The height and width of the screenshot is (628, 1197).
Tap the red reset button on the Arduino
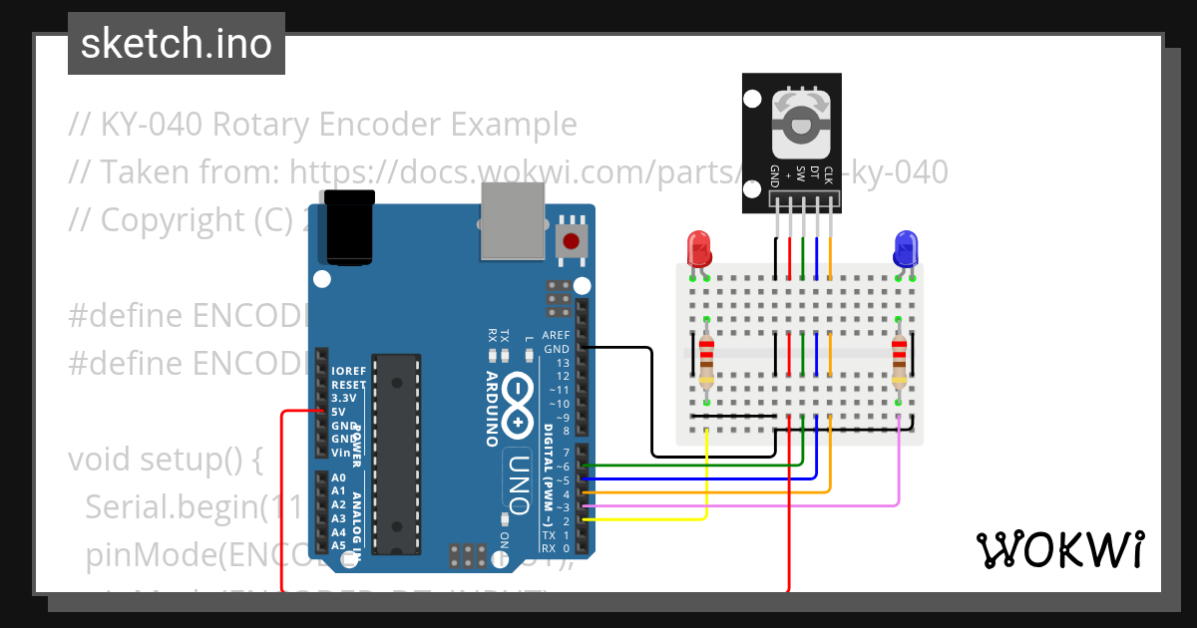pos(571,239)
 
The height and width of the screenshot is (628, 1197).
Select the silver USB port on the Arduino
pos(514,221)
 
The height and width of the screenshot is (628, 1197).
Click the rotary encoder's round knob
pos(803,126)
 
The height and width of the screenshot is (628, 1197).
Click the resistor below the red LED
pos(707,362)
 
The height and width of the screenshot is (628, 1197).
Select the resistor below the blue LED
pos(899,362)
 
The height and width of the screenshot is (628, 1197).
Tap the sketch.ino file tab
pos(177,44)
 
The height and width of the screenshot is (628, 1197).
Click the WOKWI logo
pos(1059,549)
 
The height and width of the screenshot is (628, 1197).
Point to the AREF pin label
pos(556,336)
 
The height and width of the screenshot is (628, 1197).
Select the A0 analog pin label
pos(339,478)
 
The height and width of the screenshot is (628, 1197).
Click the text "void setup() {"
pos(165,461)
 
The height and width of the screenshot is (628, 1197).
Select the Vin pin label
pos(339,453)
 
